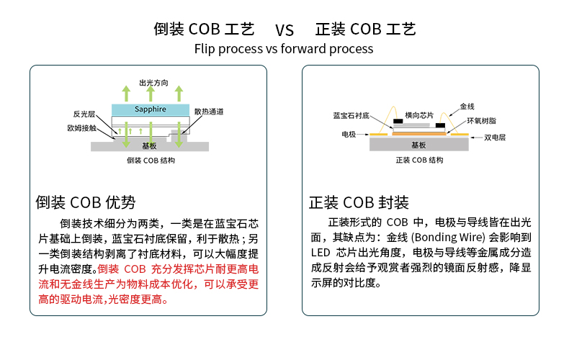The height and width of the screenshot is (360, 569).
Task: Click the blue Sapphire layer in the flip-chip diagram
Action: (151, 109)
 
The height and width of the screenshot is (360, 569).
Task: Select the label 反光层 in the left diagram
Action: (84, 114)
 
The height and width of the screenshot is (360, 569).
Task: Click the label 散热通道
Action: (209, 111)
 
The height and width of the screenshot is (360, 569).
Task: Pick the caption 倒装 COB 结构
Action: (151, 161)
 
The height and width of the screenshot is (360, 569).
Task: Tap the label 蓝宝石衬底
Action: (351, 115)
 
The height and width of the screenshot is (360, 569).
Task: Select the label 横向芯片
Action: (419, 115)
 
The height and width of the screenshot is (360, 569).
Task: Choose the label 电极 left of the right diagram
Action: (349, 134)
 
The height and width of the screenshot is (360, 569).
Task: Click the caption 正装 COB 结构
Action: (420, 161)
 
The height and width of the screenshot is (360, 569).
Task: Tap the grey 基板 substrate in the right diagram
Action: (418, 145)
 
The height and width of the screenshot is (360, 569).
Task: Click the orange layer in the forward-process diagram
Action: (418, 133)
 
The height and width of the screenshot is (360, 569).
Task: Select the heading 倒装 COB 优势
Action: (85, 202)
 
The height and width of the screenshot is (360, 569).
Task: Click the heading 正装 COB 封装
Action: (359, 202)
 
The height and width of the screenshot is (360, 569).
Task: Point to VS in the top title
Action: (284, 30)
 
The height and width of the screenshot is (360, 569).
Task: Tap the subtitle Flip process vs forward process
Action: (284, 49)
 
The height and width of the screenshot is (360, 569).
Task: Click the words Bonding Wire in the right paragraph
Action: (450, 237)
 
